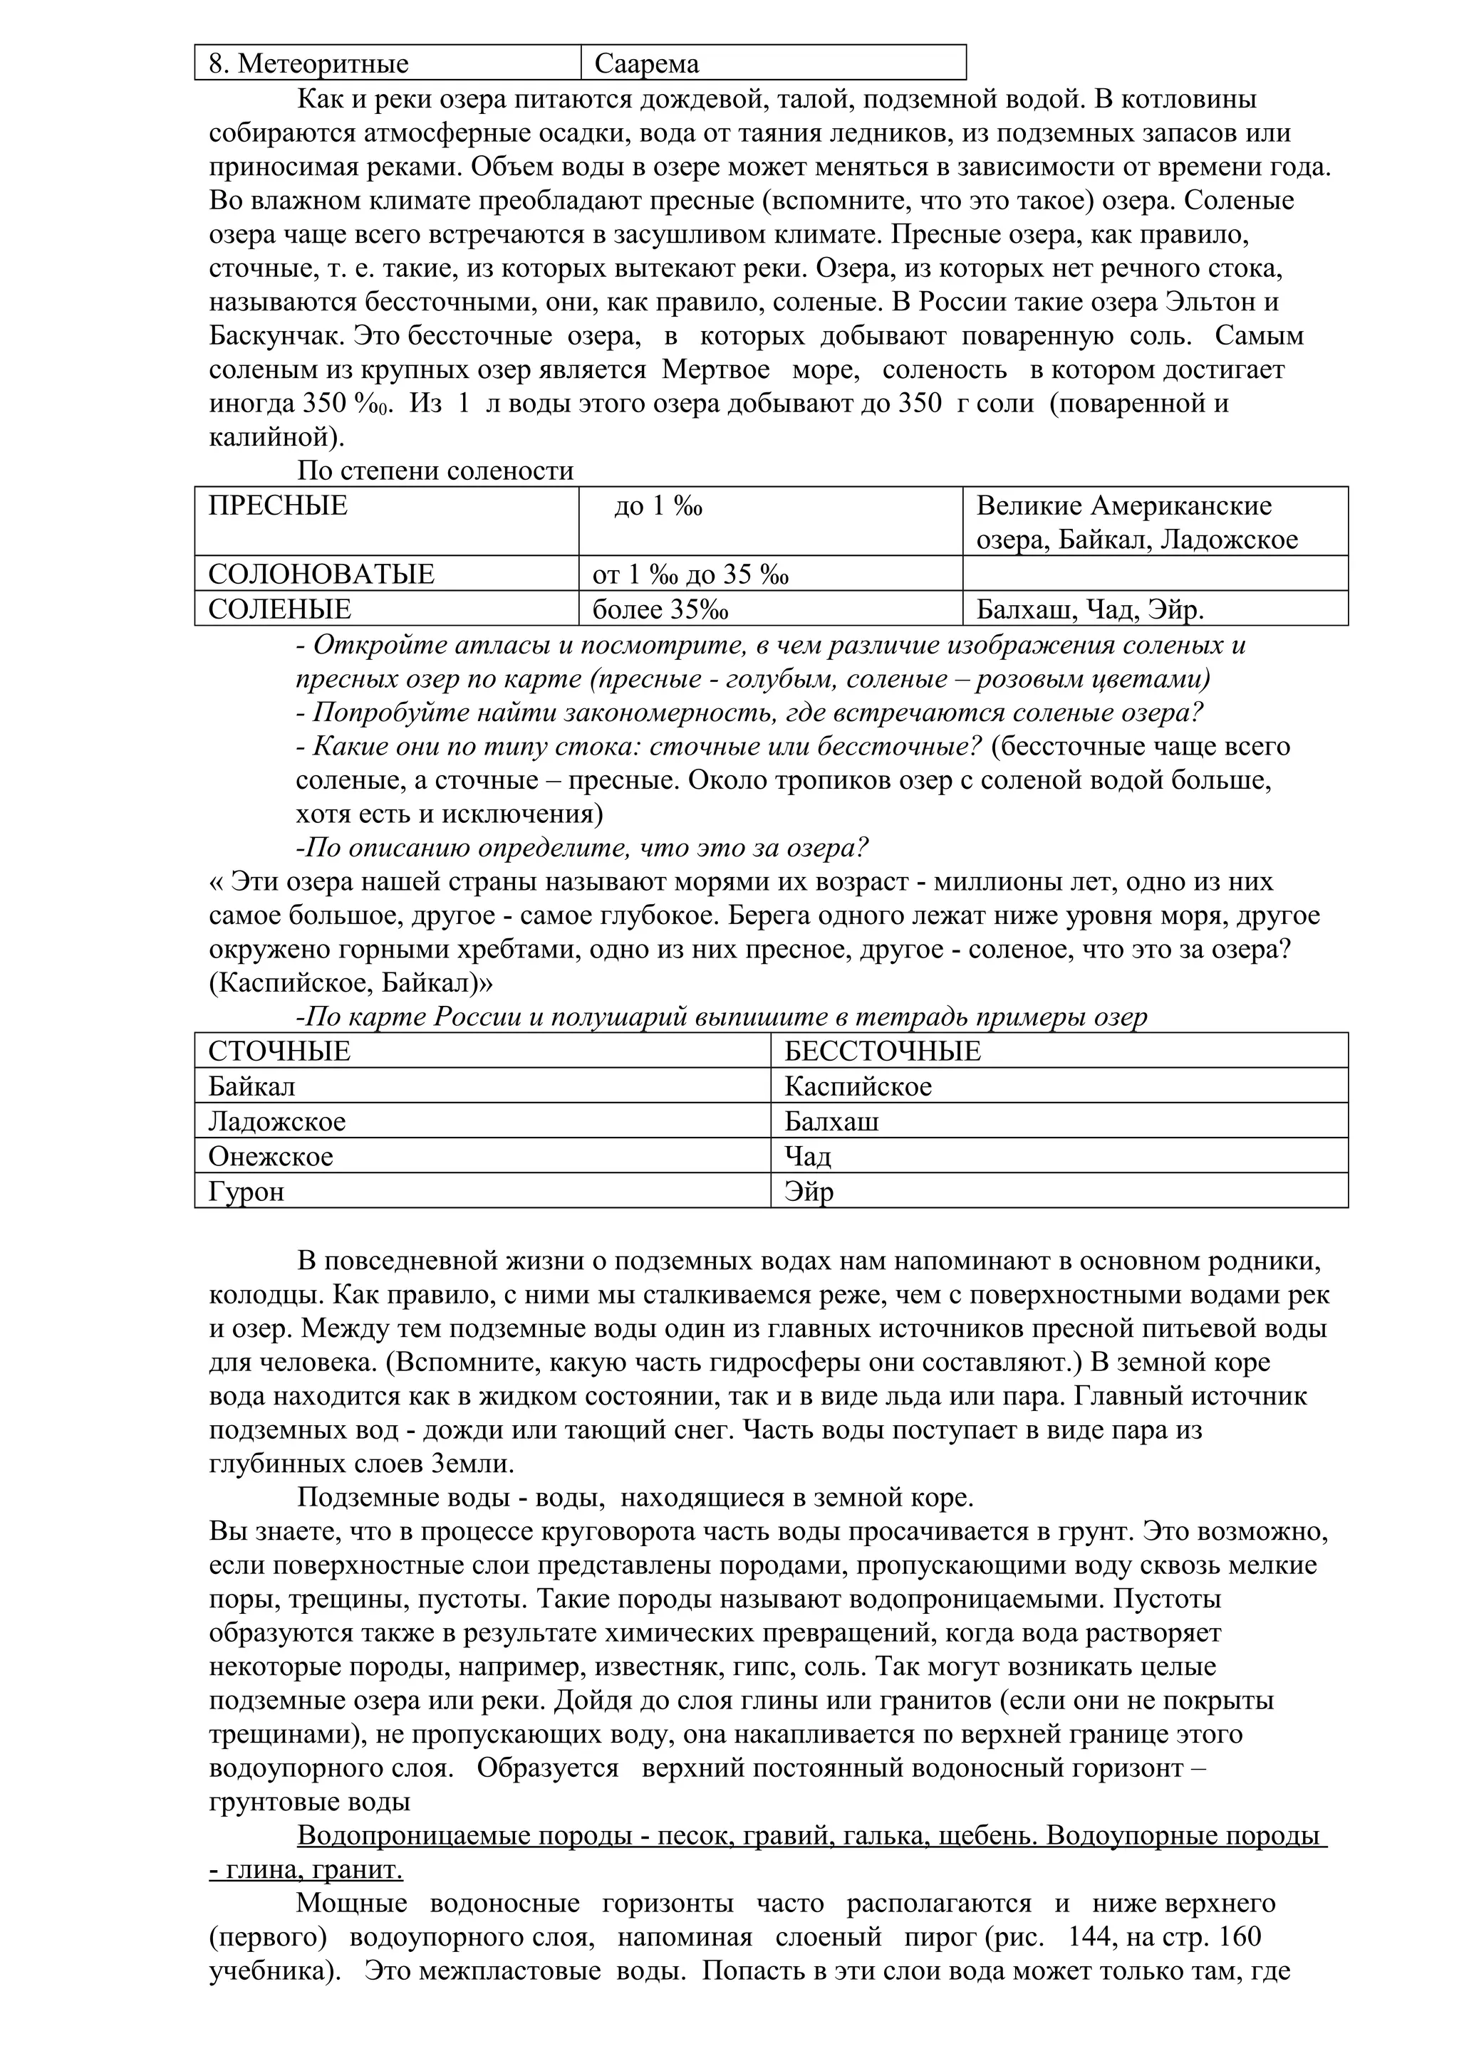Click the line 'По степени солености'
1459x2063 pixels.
click(435, 471)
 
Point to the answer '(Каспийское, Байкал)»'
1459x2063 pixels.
click(351, 983)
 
